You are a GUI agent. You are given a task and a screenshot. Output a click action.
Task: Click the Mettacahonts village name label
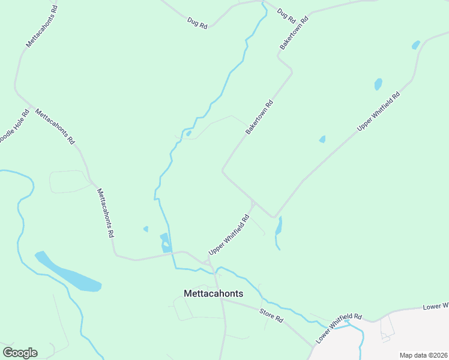click(213, 293)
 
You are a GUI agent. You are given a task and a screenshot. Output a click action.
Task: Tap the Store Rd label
click(271, 316)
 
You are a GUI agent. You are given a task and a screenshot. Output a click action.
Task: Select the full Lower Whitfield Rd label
click(339, 328)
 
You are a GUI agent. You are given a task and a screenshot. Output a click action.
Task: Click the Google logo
click(20, 353)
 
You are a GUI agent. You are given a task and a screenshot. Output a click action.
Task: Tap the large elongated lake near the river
click(67, 273)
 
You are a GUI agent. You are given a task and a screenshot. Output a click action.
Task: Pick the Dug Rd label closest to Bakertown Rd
click(286, 16)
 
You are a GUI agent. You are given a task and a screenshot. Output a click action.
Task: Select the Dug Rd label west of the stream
click(197, 23)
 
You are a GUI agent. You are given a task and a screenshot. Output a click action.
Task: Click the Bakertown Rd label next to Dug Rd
click(294, 32)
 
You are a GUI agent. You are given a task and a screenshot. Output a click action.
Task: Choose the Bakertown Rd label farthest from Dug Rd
click(259, 116)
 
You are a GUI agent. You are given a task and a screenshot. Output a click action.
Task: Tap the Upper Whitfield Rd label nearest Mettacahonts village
click(229, 235)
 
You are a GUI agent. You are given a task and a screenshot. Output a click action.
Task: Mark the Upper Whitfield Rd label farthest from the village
click(379, 111)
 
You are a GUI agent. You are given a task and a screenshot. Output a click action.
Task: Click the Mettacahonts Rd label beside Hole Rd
click(55, 127)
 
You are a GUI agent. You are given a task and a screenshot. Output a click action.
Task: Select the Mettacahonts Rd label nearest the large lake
click(106, 213)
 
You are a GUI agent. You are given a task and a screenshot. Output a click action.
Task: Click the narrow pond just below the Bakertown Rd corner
click(279, 227)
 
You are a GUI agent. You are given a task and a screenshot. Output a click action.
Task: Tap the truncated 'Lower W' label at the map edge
click(436, 307)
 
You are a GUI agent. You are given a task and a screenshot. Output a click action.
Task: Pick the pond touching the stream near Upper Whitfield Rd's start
click(165, 242)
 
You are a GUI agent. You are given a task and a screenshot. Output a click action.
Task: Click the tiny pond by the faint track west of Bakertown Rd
click(188, 133)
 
